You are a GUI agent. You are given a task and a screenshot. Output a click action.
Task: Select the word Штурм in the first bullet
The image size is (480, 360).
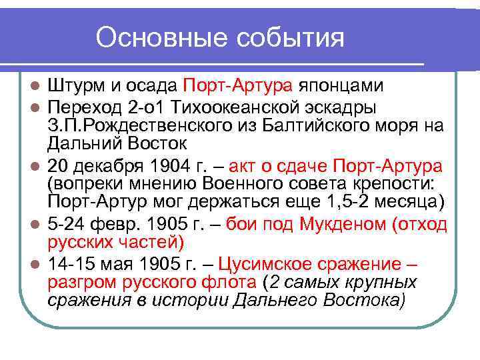point(73,86)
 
